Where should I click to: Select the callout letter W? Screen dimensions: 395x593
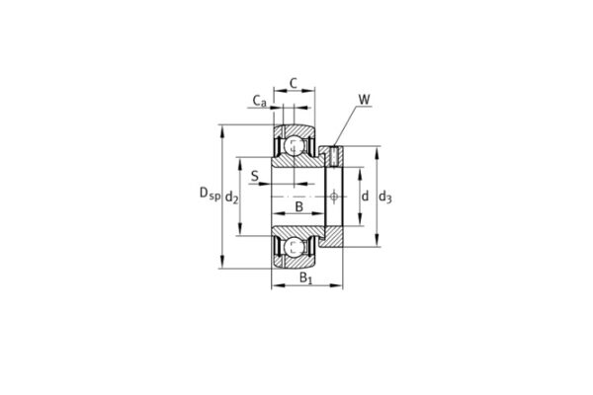coord(365,99)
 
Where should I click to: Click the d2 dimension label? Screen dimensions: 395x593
coord(231,197)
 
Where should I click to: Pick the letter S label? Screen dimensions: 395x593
coord(255,178)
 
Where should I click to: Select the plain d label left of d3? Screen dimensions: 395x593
coord(364,197)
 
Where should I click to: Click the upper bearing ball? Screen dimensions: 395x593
coord(295,148)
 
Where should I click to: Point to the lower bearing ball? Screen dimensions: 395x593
coord(295,247)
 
